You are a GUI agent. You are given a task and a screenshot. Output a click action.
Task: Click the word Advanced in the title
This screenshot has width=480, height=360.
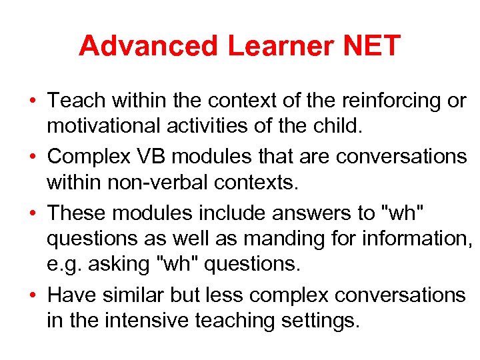pyautogui.click(x=148, y=46)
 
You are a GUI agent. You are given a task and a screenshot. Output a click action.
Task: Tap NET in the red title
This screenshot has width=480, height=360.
pyautogui.click(x=372, y=46)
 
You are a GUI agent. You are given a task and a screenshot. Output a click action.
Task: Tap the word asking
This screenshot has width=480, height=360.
pyautogui.click(x=123, y=264)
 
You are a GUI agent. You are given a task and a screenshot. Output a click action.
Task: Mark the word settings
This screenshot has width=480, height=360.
pyautogui.click(x=317, y=321)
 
